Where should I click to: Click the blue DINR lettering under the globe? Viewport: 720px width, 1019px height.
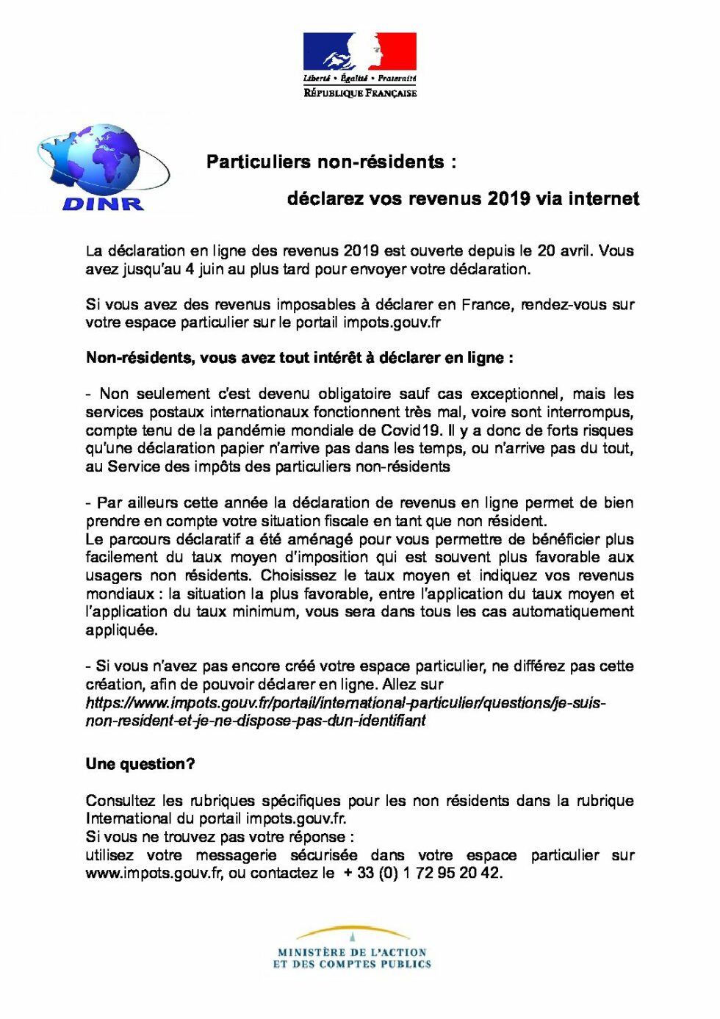103,204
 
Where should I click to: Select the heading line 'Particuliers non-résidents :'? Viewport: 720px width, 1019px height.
331,162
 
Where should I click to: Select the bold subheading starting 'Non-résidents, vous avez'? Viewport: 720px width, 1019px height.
299,358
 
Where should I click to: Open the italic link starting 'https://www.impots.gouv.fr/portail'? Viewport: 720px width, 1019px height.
345,703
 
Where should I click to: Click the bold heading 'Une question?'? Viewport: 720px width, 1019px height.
140,764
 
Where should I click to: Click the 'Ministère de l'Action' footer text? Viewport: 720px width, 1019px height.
352,952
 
